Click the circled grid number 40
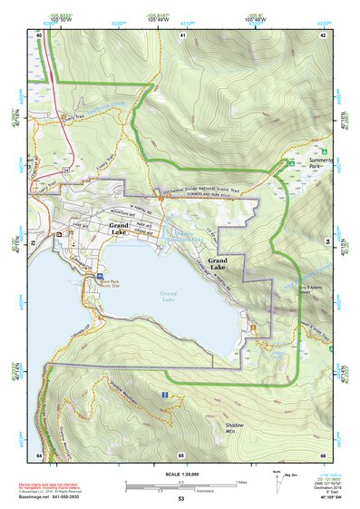[x=40, y=34]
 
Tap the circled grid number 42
[x=324, y=34]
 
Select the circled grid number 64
[x=40, y=454]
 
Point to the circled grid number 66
[x=323, y=454]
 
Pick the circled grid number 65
[x=181, y=454]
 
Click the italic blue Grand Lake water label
[x=169, y=295]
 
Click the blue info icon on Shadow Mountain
[x=164, y=395]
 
